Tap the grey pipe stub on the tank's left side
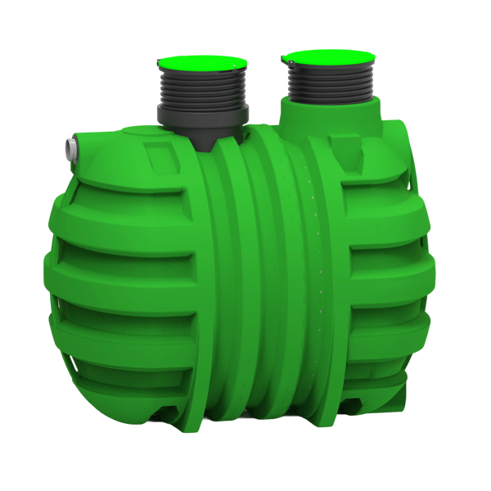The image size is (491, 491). [x=68, y=148]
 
